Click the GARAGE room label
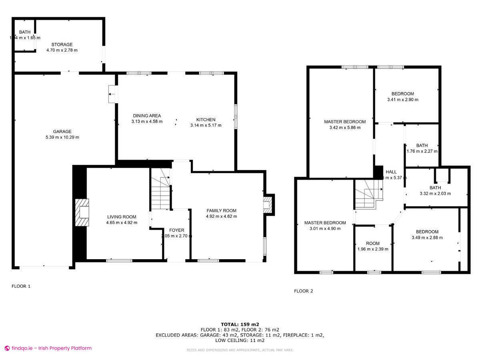tap(62, 131)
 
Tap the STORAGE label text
tap(62, 44)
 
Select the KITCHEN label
tap(206, 120)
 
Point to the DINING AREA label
tap(147, 116)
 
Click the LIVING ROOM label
tap(122, 217)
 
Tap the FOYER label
tap(177, 230)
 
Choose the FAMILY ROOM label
tap(221, 210)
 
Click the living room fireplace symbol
tap(83, 213)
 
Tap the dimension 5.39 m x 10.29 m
tap(62, 137)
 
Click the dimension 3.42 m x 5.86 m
tap(345, 128)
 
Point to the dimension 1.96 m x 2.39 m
tap(373, 249)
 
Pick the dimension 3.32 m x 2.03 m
tap(435, 194)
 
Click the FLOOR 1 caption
tap(21, 286)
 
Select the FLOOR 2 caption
tap(304, 291)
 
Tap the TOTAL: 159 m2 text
tap(240, 324)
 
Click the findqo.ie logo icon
tap(7, 348)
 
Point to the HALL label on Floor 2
tap(391, 172)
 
